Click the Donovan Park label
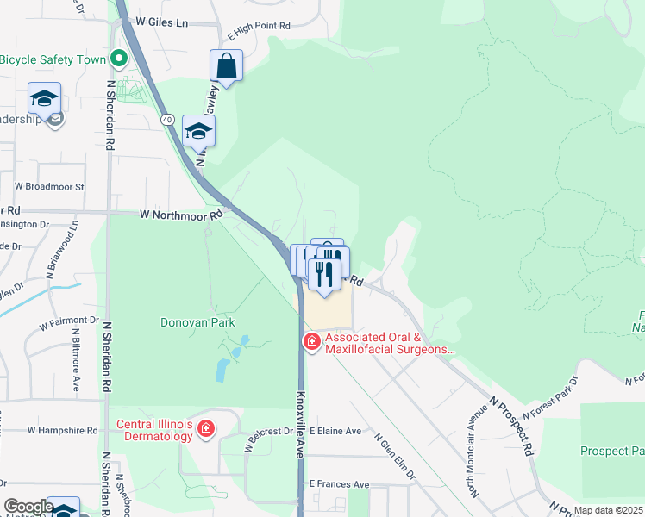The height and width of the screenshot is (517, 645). pyautogui.click(x=197, y=323)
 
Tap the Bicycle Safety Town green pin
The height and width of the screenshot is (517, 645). pyautogui.click(x=119, y=59)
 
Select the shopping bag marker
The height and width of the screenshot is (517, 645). pyautogui.click(x=226, y=65)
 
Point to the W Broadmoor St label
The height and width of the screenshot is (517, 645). pyautogui.click(x=49, y=185)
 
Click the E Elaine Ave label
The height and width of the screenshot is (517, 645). pyautogui.click(x=335, y=430)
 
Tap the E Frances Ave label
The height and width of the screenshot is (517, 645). pyautogui.click(x=339, y=484)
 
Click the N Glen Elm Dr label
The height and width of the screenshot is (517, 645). pyautogui.click(x=396, y=455)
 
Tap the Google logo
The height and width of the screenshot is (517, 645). pyautogui.click(x=28, y=508)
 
